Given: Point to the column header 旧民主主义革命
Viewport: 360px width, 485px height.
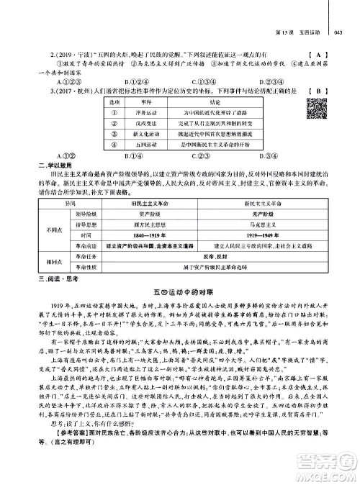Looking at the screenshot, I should coord(151,204).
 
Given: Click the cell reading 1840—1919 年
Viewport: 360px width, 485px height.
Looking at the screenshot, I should coord(150,235).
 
